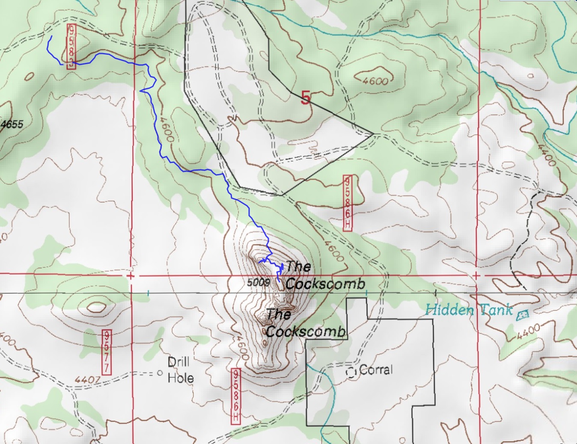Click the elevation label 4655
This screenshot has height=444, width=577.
(x=12, y=124)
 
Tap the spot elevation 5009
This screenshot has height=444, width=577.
(x=258, y=283)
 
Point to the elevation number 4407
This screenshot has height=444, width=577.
(x=87, y=379)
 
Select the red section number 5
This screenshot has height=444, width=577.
(x=305, y=98)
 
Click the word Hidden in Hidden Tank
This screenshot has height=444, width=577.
(x=450, y=310)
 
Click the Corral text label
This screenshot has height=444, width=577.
(x=376, y=370)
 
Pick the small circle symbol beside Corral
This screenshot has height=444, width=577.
(x=351, y=373)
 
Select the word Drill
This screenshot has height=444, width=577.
(x=178, y=362)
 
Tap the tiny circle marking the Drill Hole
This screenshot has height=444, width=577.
(x=160, y=373)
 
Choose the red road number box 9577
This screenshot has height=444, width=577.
(x=106, y=352)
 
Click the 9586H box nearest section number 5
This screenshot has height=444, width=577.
(x=348, y=203)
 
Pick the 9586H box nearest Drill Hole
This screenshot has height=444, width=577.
(x=236, y=396)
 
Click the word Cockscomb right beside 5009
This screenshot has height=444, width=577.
(x=325, y=284)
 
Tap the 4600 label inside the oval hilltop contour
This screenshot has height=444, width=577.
(x=375, y=80)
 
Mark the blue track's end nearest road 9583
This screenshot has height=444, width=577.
(x=51, y=37)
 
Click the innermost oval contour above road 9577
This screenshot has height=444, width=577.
(x=96, y=306)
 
